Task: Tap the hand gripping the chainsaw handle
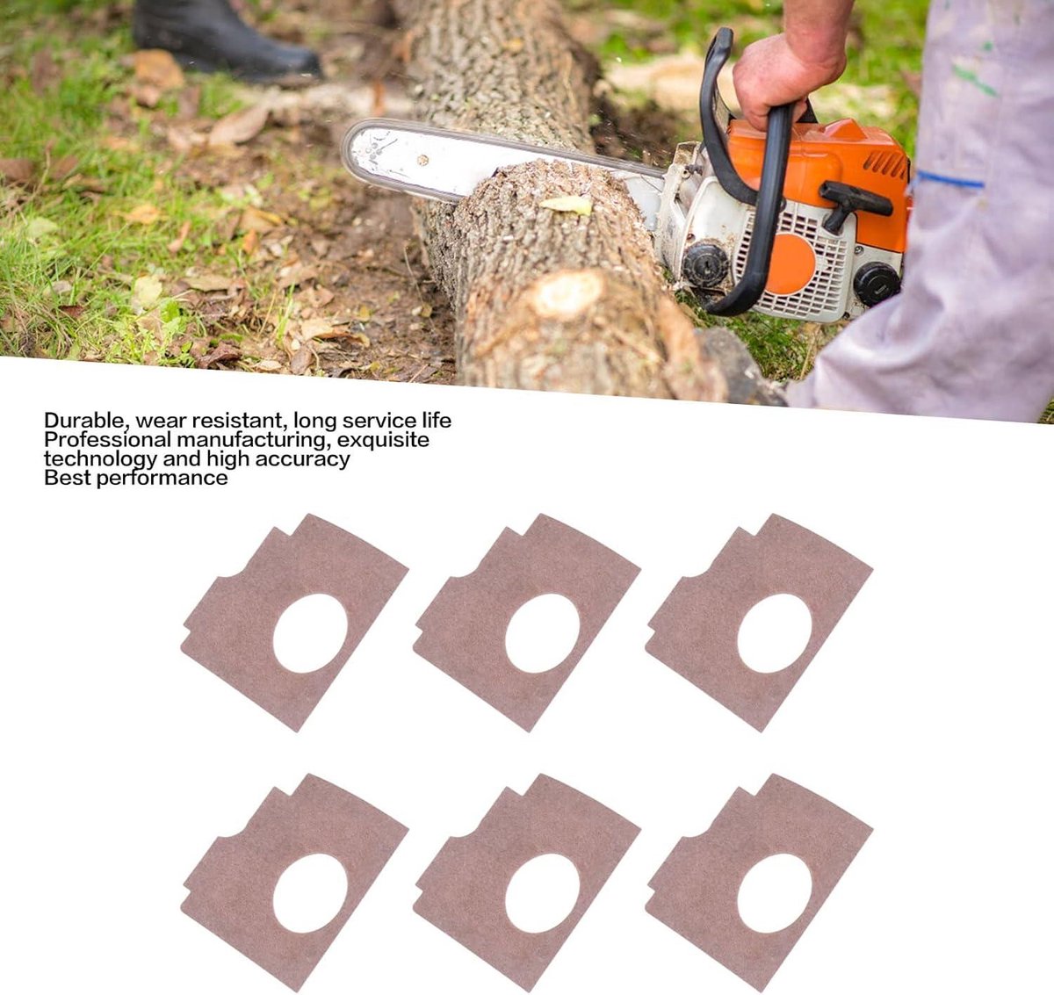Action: pos(784,80)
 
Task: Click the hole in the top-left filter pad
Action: pos(310,633)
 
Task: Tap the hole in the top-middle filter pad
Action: pos(543,633)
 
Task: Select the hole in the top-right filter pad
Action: pos(775,633)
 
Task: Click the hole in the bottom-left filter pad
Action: pos(310,893)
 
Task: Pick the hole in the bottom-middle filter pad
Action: pos(543,893)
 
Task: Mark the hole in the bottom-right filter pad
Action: pos(775,893)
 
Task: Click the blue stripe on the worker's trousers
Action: pos(950,179)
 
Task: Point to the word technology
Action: pos(101,459)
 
